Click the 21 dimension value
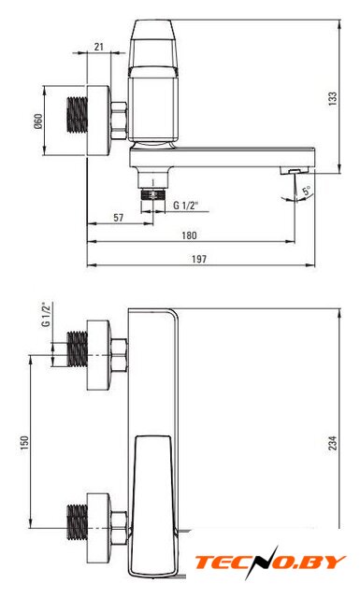coord(99,47)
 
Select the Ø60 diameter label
coord(38,121)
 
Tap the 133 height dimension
coord(333,98)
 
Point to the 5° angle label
coord(307,190)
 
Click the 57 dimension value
coord(119,218)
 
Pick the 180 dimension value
coord(189,235)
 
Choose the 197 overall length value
coord(199,260)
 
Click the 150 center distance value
coord(24,443)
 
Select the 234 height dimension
coord(333,443)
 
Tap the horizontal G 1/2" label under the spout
coord(186,206)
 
